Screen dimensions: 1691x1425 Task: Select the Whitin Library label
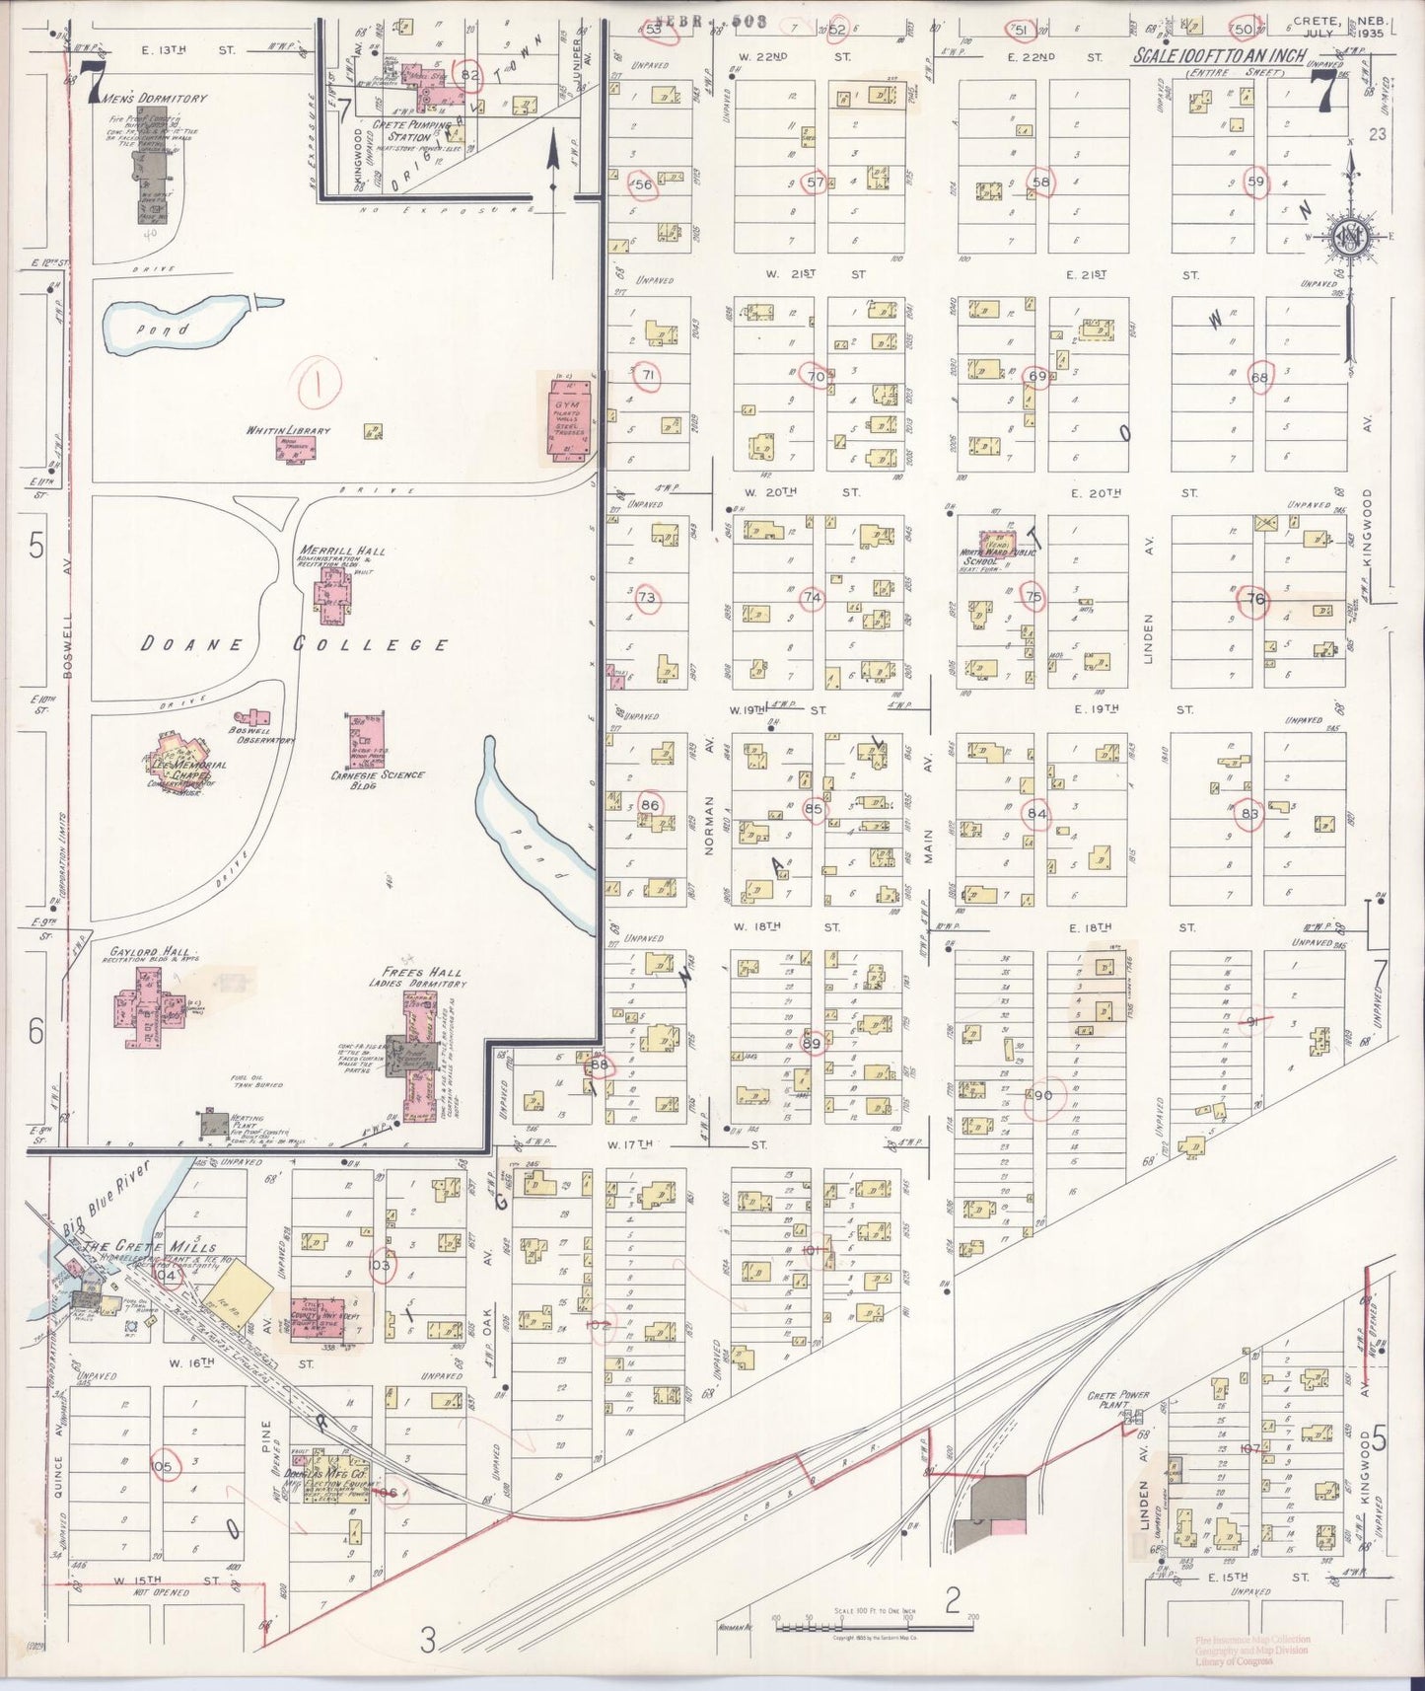(289, 431)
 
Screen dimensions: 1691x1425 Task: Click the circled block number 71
(647, 376)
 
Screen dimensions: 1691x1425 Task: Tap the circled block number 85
(814, 809)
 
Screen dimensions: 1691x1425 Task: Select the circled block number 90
(1043, 1096)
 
